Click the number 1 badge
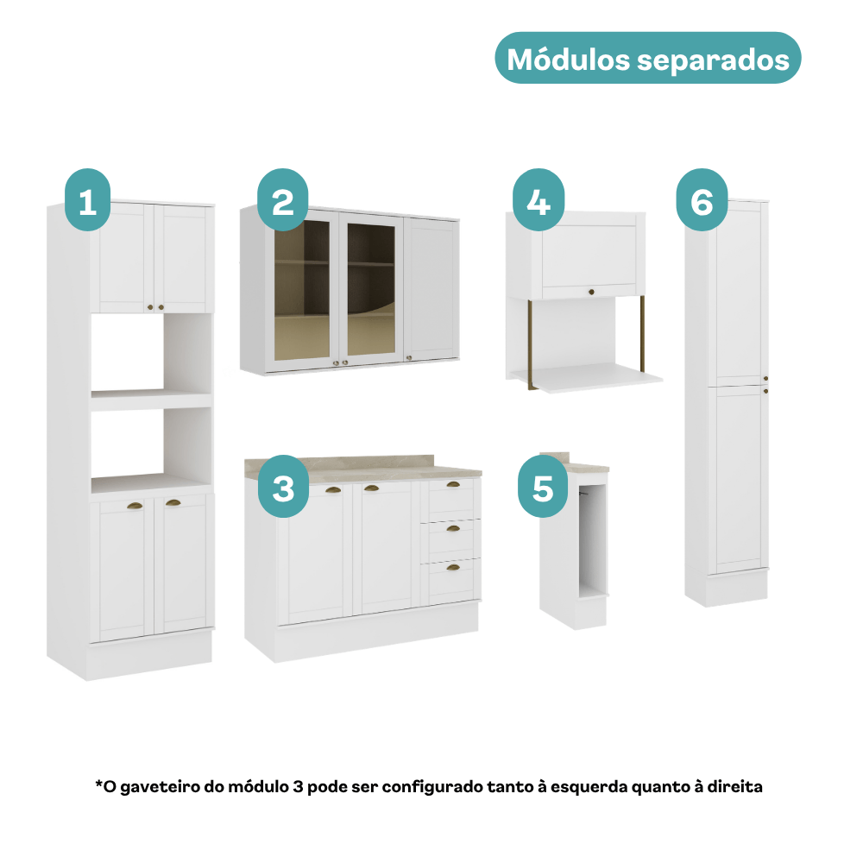coord(87,200)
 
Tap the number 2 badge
coord(282,200)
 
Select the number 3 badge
coord(283,487)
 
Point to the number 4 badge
coord(539,200)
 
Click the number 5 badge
coord(543,487)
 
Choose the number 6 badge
coord(702,200)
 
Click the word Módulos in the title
coord(568,60)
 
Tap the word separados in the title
coord(714,61)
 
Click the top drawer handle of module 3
coord(453,485)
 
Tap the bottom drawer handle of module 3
coord(453,568)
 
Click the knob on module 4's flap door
coord(592,292)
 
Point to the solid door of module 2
coord(431,288)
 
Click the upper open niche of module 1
coord(151,353)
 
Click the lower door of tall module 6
coord(738,479)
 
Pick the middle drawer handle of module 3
coord(453,529)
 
